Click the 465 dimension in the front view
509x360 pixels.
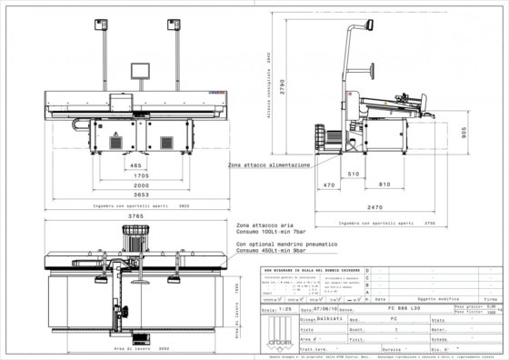tap(135, 165)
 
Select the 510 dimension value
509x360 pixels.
tap(354, 173)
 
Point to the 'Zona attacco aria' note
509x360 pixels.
tap(260, 225)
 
